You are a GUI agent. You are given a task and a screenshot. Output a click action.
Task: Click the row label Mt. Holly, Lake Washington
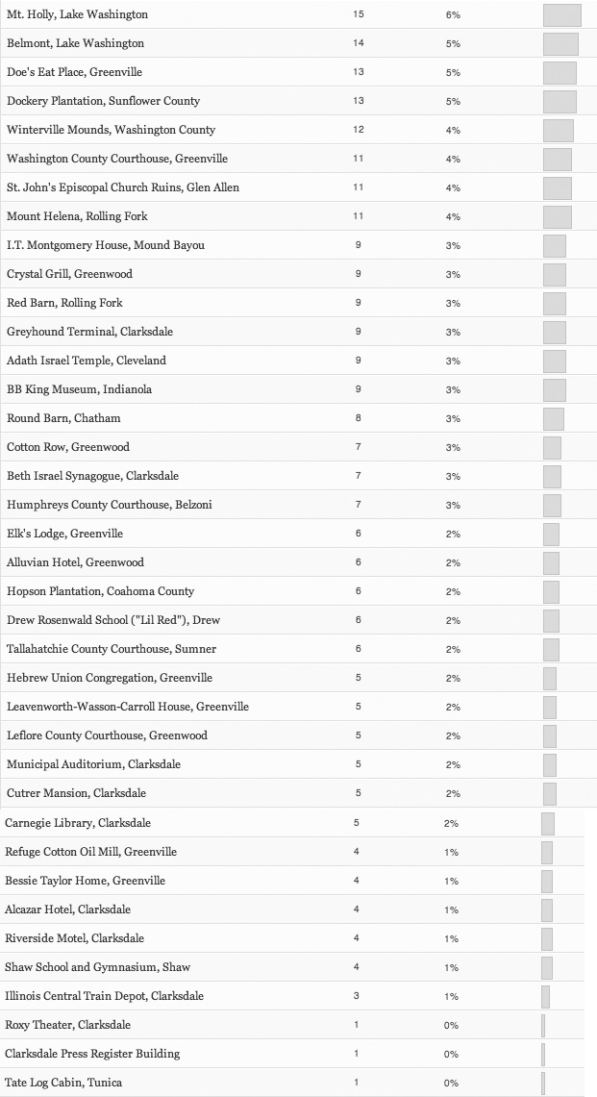point(77,15)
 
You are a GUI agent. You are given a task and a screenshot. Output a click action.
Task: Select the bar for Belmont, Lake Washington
point(560,44)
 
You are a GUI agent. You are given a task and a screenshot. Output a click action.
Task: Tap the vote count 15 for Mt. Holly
point(359,15)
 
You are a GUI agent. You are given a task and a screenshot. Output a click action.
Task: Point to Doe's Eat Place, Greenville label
point(74,73)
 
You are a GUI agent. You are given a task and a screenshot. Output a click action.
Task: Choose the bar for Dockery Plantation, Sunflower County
point(560,102)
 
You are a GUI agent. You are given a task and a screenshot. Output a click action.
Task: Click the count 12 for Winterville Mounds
point(359,131)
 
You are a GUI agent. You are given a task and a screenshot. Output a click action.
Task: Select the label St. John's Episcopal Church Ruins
point(123,188)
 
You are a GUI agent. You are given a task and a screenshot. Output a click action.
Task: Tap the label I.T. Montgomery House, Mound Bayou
point(106,246)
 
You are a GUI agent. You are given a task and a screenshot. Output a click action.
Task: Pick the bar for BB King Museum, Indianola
point(555,390)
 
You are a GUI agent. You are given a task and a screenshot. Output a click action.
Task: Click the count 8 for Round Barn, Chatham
point(359,419)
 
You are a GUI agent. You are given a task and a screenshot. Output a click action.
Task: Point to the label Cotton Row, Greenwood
point(68,448)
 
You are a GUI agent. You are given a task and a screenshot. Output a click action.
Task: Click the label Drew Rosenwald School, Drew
point(113,621)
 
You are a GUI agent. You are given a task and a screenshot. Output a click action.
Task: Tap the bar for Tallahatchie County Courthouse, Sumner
point(551,650)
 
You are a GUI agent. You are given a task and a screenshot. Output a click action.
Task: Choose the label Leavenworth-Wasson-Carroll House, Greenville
point(128,708)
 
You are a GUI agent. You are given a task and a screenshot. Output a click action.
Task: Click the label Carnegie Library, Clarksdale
point(78,824)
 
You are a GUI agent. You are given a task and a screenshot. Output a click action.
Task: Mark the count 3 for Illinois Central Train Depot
point(357,997)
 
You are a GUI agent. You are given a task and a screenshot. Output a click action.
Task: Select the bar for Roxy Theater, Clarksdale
point(543,1026)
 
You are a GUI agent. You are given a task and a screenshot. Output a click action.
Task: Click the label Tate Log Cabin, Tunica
point(63,1084)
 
